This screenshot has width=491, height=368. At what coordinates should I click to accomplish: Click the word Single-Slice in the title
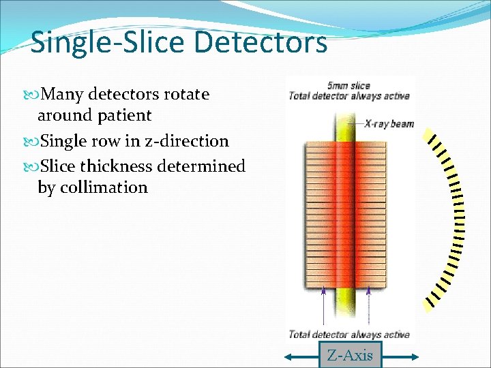(x=108, y=42)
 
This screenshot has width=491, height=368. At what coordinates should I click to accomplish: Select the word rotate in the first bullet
(x=185, y=95)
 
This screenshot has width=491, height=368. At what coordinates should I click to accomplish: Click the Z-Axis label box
(x=350, y=355)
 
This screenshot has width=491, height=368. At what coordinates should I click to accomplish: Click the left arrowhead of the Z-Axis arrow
(x=289, y=356)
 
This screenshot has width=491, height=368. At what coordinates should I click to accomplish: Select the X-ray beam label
(x=389, y=124)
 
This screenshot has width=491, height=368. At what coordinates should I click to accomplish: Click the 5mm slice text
(x=348, y=86)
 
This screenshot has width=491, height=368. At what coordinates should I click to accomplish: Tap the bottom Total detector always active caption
(x=348, y=334)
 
